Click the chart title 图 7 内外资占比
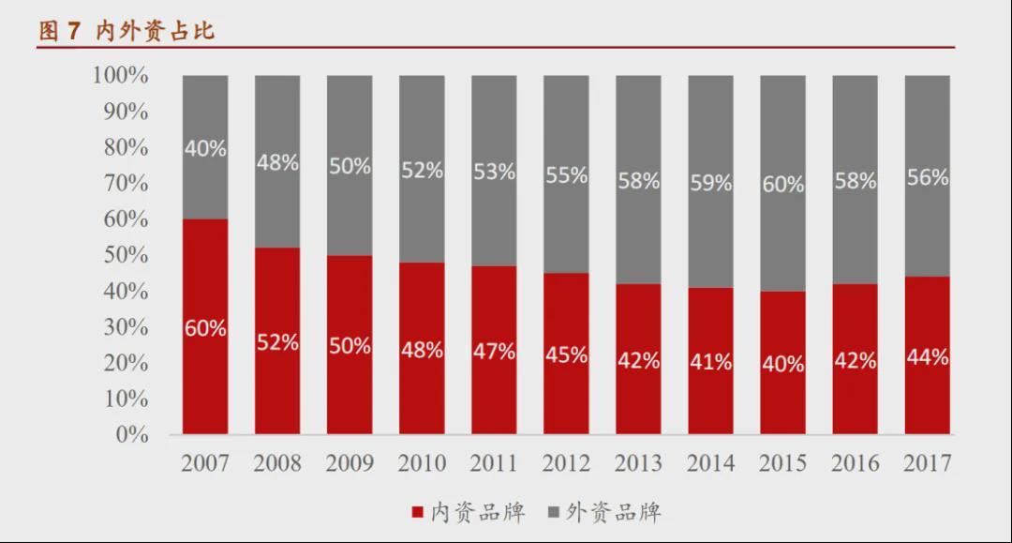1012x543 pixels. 126,31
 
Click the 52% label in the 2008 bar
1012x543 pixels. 277,343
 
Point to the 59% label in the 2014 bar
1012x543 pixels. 710,183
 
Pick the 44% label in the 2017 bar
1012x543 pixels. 927,357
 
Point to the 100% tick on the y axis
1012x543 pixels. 120,76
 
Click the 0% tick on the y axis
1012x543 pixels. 132,435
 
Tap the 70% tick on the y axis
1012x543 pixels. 126,184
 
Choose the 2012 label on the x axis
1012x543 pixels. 566,463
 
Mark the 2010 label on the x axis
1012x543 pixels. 422,463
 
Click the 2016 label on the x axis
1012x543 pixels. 855,463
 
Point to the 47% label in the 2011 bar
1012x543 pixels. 494,352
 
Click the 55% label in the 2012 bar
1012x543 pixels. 566,175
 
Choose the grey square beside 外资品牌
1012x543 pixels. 554,513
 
